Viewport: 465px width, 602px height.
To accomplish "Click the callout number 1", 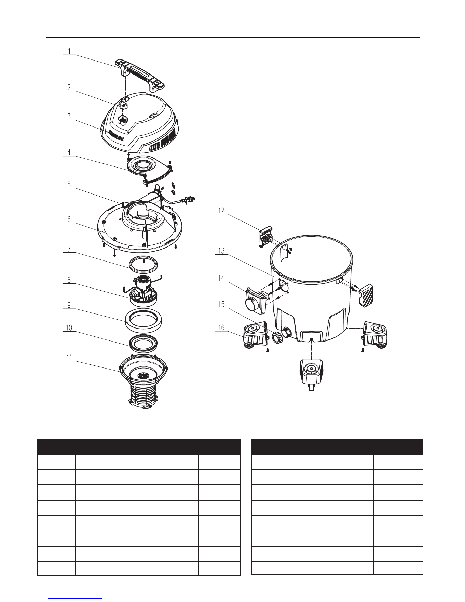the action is (69, 51).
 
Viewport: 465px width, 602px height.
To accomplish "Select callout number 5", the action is (69, 185).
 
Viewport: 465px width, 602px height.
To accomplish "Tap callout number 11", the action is (69, 358).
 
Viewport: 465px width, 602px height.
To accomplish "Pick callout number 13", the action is (221, 251).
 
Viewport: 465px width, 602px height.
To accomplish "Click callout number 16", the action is (221, 328).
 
